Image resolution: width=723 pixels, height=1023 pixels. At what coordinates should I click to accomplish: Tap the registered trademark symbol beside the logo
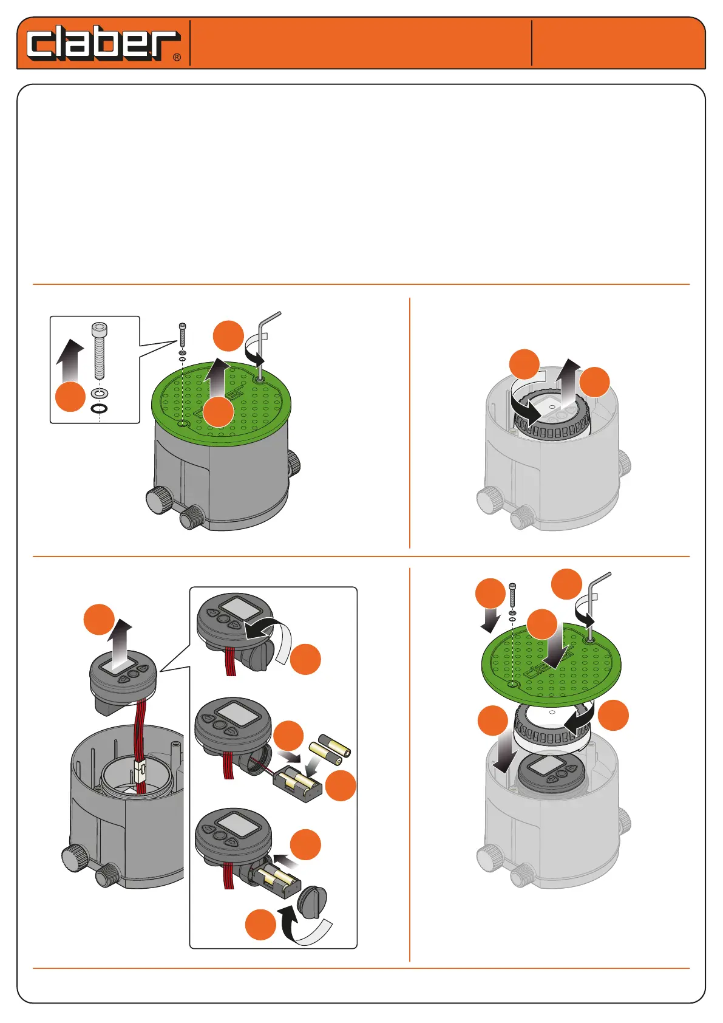177,58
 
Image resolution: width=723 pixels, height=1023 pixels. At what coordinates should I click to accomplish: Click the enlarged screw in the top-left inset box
99,351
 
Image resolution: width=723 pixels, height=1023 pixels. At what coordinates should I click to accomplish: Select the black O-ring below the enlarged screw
100,408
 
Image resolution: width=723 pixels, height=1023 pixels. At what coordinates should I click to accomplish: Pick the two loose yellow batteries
330,749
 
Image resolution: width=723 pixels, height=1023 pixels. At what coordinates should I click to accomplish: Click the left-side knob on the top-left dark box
158,500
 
